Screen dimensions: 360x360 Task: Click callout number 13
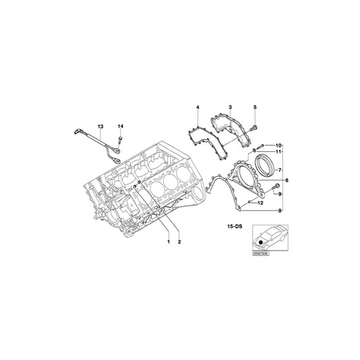click(x=100, y=126)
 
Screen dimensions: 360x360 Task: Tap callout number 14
click(x=120, y=126)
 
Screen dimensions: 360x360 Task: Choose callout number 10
click(x=279, y=145)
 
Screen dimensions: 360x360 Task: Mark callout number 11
click(x=279, y=153)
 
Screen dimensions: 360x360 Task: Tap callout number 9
click(x=279, y=195)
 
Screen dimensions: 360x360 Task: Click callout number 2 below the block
click(x=179, y=240)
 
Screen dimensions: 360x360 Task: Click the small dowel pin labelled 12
click(x=249, y=202)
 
